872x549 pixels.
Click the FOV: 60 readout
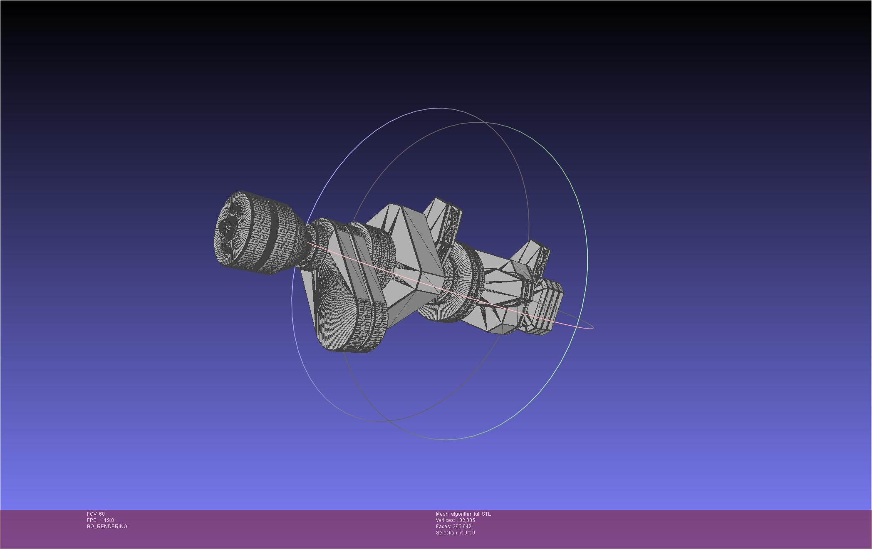point(96,514)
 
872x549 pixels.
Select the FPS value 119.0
point(107,520)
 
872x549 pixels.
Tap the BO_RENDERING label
point(107,527)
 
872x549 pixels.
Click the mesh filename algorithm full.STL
point(471,514)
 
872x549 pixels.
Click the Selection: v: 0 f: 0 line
point(455,533)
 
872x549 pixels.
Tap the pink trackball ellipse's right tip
point(593,327)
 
